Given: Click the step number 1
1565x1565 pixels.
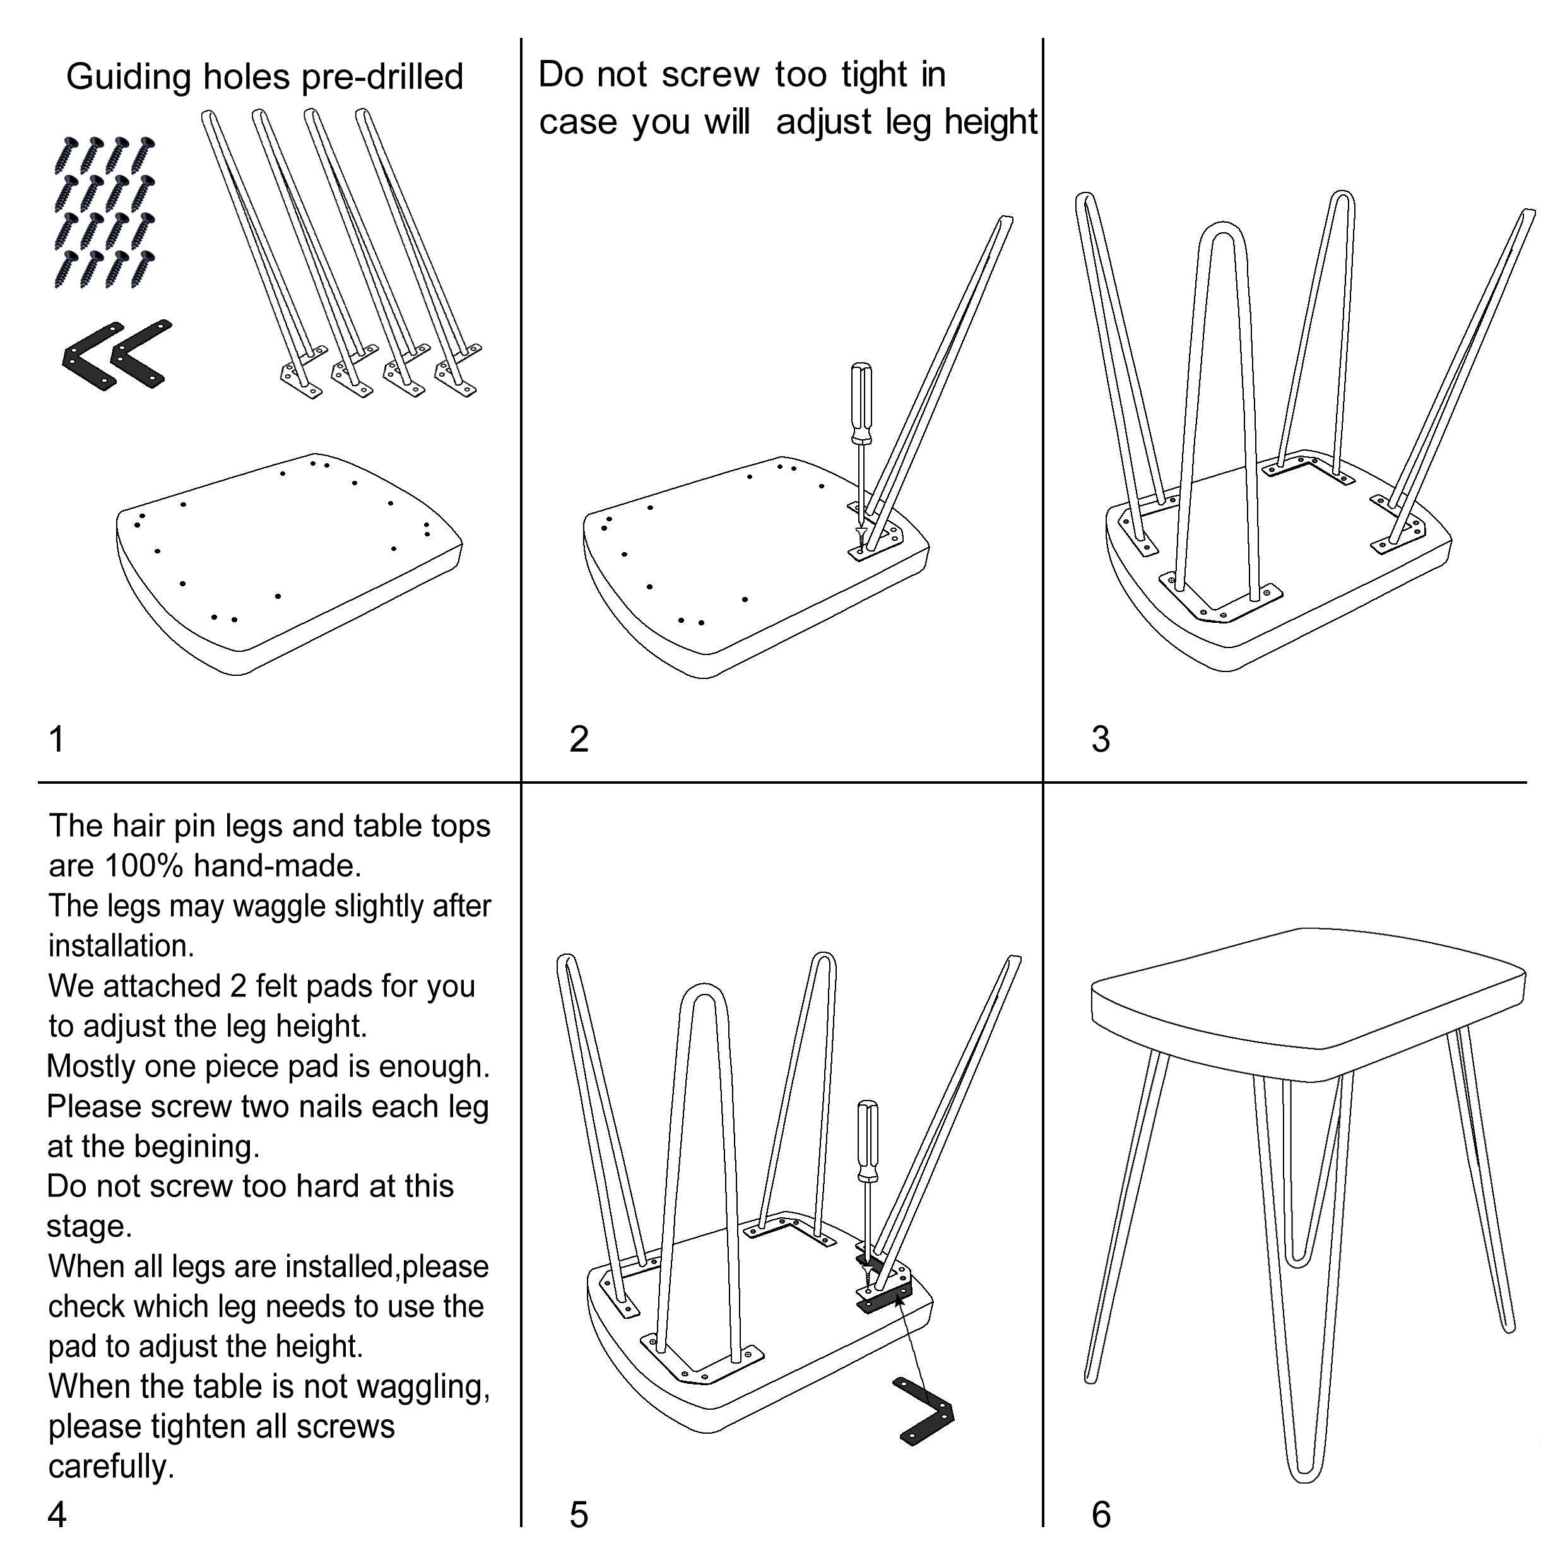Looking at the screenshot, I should (x=57, y=740).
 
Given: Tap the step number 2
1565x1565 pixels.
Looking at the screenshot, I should (x=579, y=740).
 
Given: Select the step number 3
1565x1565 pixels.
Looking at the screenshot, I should (x=1100, y=740).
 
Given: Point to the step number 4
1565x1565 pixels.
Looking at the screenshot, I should (x=57, y=1514).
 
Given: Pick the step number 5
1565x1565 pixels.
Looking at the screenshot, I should (x=579, y=1514).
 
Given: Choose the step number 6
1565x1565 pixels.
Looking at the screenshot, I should (x=1101, y=1514).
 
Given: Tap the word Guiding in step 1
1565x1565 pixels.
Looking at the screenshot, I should (x=129, y=78).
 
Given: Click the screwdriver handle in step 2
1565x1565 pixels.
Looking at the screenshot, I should (x=860, y=403).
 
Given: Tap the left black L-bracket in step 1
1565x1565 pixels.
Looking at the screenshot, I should (x=92, y=357).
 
